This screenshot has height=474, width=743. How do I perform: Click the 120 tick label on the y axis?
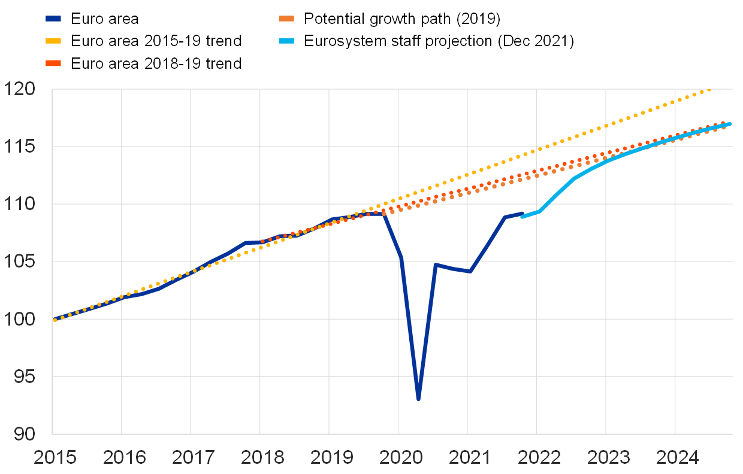(x=20, y=89)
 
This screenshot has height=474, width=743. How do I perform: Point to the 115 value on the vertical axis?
(x=20, y=147)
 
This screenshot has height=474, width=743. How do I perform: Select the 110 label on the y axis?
(x=20, y=204)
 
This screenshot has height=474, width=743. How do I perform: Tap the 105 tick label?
(x=20, y=262)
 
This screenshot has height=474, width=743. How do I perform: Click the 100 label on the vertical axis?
(x=20, y=319)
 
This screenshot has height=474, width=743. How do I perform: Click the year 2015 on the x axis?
(x=55, y=458)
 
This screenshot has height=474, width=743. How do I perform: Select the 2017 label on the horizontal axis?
(x=194, y=458)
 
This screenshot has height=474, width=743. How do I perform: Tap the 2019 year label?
(x=332, y=458)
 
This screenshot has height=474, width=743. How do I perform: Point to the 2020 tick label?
(x=401, y=458)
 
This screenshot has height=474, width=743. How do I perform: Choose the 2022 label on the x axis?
(x=539, y=458)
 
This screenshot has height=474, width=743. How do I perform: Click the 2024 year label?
(x=678, y=458)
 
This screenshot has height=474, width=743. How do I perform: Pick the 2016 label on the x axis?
(x=125, y=458)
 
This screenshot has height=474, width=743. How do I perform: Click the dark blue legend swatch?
(x=53, y=19)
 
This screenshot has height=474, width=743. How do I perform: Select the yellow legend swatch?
(x=53, y=41)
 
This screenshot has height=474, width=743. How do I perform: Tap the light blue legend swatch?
(x=286, y=41)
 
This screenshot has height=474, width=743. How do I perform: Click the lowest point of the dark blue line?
(x=418, y=399)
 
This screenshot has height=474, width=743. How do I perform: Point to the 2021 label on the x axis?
(x=470, y=458)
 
